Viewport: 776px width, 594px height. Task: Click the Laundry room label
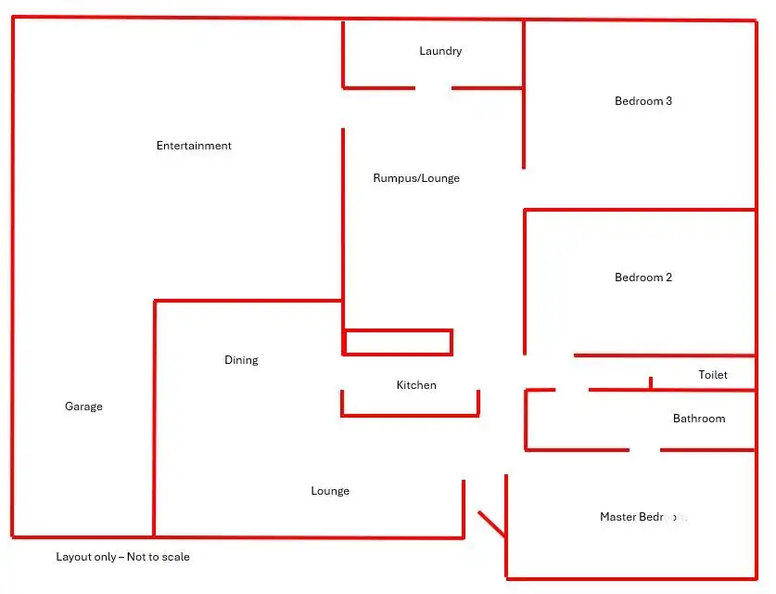point(440,51)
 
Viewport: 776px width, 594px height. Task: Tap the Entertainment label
point(194,146)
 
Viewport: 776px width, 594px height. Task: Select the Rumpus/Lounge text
point(416,178)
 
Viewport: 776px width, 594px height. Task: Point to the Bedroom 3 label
point(643,101)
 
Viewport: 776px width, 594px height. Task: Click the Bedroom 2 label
point(643,278)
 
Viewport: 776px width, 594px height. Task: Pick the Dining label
point(241,360)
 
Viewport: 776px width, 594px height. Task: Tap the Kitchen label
point(416,385)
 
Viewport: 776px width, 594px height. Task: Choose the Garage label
point(83,407)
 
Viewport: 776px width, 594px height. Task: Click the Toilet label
point(713,375)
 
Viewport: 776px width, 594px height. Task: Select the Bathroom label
point(699,419)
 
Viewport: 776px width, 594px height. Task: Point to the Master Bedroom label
point(642,517)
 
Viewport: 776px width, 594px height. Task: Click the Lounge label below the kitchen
point(330,491)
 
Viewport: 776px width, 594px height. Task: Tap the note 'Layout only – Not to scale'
point(122,557)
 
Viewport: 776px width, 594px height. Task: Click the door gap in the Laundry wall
point(433,88)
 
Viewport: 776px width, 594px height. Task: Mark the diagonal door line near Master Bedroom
point(491,523)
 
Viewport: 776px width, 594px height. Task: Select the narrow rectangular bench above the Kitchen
point(398,342)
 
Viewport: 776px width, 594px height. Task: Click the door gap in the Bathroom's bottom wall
point(645,450)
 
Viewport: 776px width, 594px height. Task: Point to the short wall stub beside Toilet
point(651,382)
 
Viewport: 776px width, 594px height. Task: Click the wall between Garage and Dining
point(155,418)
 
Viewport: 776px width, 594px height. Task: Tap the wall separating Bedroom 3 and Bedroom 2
point(640,210)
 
